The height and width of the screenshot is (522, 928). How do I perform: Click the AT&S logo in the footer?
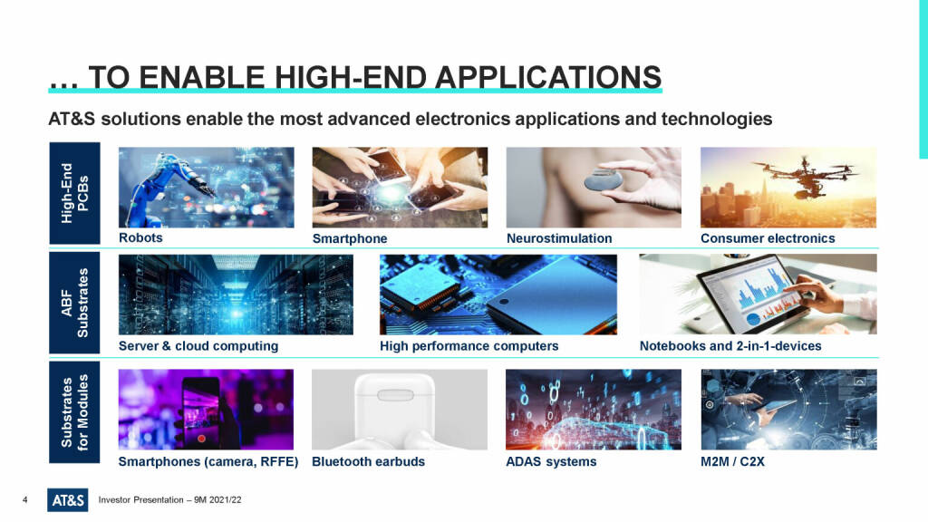pyautogui.click(x=67, y=500)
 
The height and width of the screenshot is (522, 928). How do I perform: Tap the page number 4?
pyautogui.click(x=24, y=500)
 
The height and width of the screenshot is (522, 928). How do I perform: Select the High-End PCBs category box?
pyautogui.click(x=74, y=193)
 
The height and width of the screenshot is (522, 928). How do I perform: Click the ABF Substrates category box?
pyautogui.click(x=74, y=303)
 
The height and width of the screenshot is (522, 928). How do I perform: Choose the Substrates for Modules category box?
pyautogui.click(x=74, y=412)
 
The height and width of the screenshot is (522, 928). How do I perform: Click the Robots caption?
pyautogui.click(x=140, y=237)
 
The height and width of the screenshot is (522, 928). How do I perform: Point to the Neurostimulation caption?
pyautogui.click(x=559, y=238)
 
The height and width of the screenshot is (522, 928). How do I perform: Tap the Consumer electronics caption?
pyautogui.click(x=768, y=238)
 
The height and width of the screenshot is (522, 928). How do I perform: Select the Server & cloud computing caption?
pyautogui.click(x=198, y=345)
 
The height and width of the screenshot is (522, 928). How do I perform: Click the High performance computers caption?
pyautogui.click(x=469, y=345)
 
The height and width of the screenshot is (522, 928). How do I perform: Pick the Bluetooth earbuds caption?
pyautogui.click(x=368, y=461)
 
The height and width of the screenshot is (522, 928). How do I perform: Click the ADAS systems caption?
pyautogui.click(x=551, y=461)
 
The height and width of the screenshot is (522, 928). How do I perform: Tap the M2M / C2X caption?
pyautogui.click(x=732, y=461)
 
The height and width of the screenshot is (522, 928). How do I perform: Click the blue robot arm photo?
pyautogui.click(x=206, y=187)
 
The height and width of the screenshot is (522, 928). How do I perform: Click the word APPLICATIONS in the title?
pyautogui.click(x=548, y=77)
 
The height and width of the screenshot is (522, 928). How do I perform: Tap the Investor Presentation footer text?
pyautogui.click(x=169, y=500)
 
